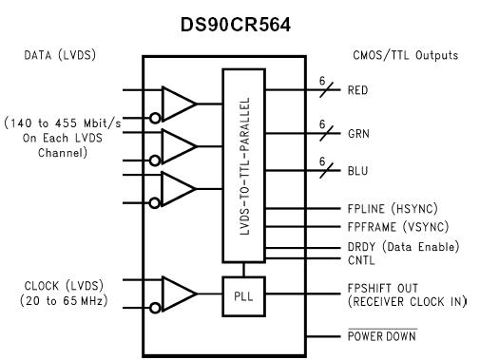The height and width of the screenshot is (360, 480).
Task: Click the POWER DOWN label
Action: pos(379,336)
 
